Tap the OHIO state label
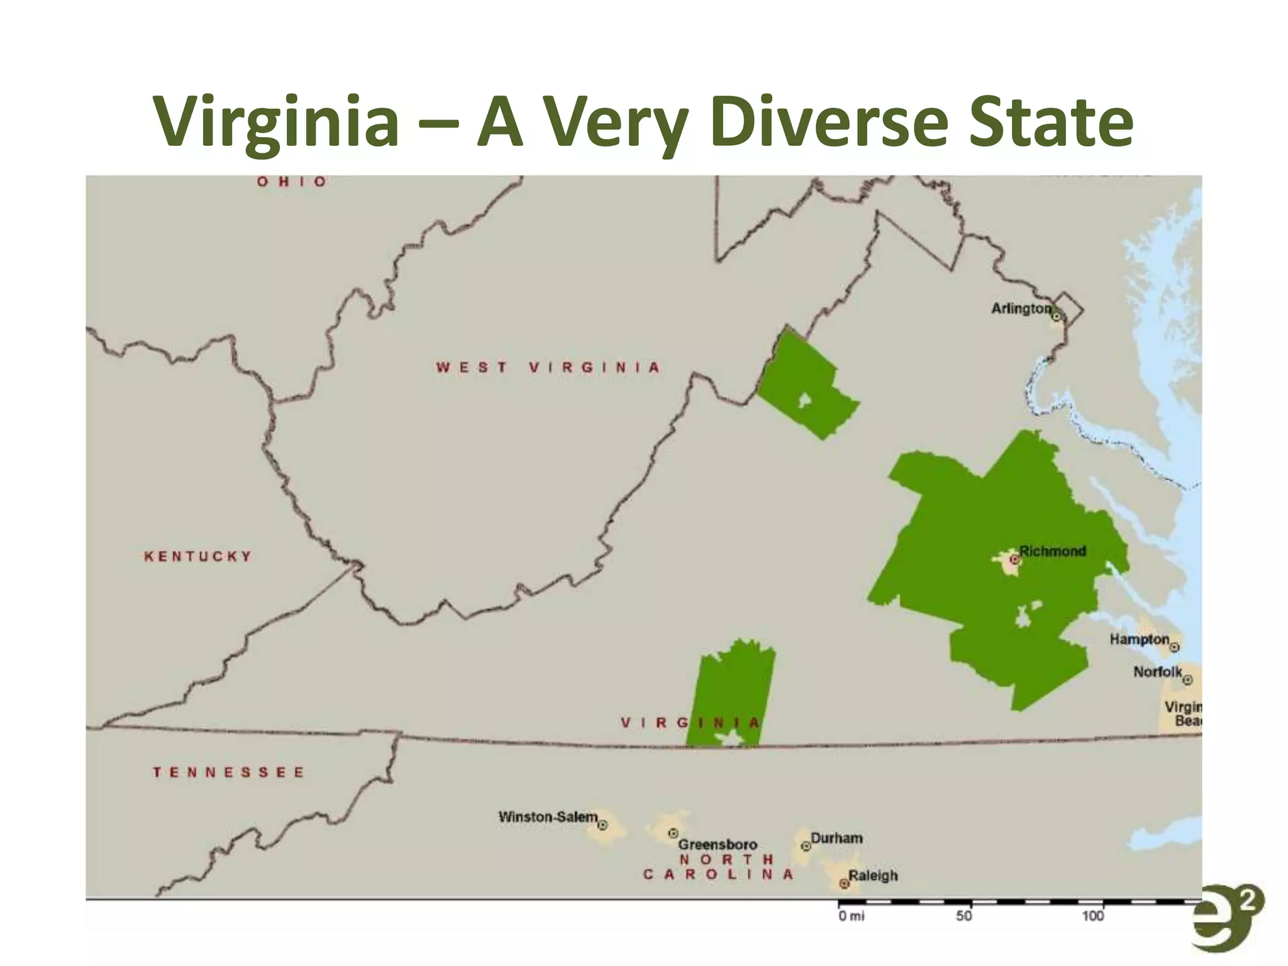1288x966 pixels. (292, 182)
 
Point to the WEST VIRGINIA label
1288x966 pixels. (548, 367)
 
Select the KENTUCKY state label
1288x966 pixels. (198, 557)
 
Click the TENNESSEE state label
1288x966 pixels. (228, 772)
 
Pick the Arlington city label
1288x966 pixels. (1021, 308)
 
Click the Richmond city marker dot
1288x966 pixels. (1014, 559)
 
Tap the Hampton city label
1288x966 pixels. (1139, 640)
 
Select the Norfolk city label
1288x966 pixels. (1157, 672)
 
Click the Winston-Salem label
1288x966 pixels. (548, 817)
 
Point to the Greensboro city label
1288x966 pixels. (718, 844)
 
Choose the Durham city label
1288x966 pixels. (836, 838)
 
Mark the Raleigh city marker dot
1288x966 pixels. (844, 884)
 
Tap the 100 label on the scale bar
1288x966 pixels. (1093, 916)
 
